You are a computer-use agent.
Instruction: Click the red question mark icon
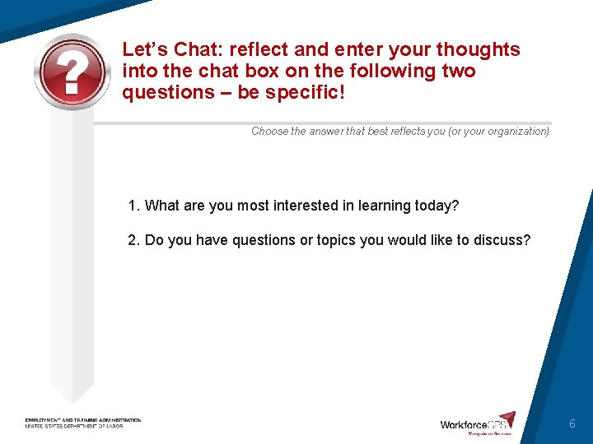click(x=72, y=72)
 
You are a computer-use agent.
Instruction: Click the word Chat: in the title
click(x=197, y=50)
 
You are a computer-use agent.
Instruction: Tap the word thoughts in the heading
click(x=478, y=50)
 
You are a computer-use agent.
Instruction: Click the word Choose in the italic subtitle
click(x=269, y=131)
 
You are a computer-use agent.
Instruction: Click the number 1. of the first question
click(x=134, y=206)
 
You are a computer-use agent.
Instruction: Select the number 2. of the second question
click(x=134, y=240)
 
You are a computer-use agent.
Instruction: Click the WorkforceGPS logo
click(x=478, y=423)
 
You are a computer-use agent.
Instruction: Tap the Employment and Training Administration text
click(x=82, y=420)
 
